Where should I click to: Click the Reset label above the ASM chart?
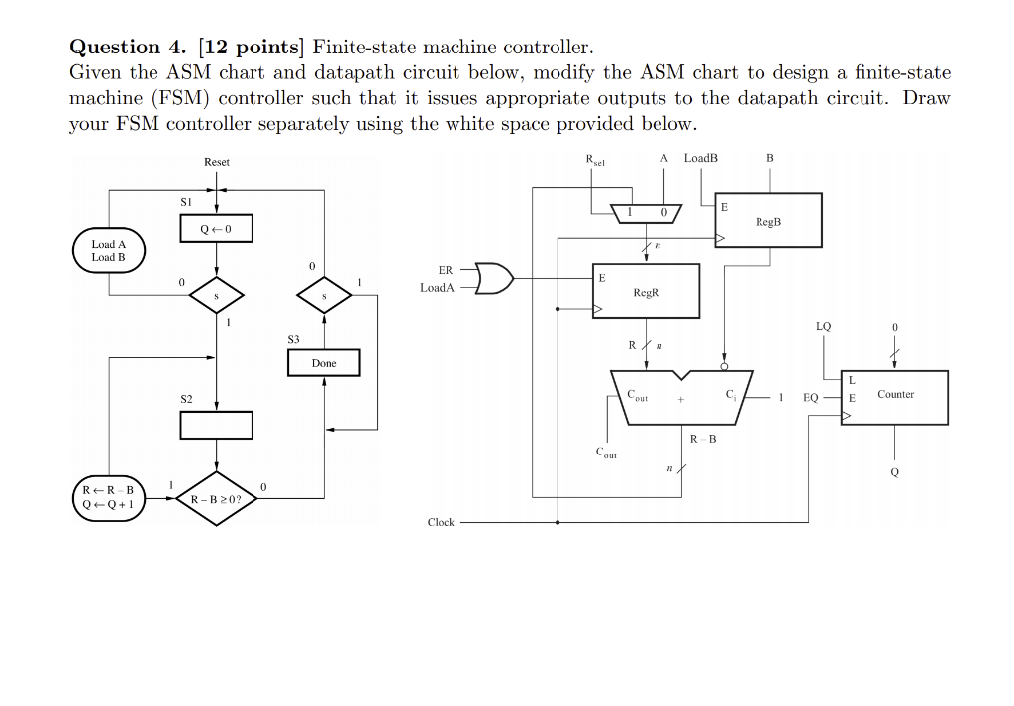(217, 162)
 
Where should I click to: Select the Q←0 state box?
(217, 229)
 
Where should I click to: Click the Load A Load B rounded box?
(109, 251)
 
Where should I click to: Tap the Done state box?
(324, 363)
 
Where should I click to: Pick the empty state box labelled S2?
(217, 425)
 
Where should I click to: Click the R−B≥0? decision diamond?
(217, 499)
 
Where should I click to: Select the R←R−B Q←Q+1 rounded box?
(109, 496)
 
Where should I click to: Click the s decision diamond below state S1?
(217, 295)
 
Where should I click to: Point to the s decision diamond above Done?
(324, 295)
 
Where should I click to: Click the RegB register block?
(767, 220)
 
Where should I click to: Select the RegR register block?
(646, 291)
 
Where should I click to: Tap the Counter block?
(894, 397)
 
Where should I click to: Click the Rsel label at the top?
(595, 160)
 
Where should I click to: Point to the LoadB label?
(701, 158)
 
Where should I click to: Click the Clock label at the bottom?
(441, 522)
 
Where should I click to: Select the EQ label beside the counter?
(811, 397)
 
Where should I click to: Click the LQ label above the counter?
(824, 326)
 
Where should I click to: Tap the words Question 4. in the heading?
(116, 47)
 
